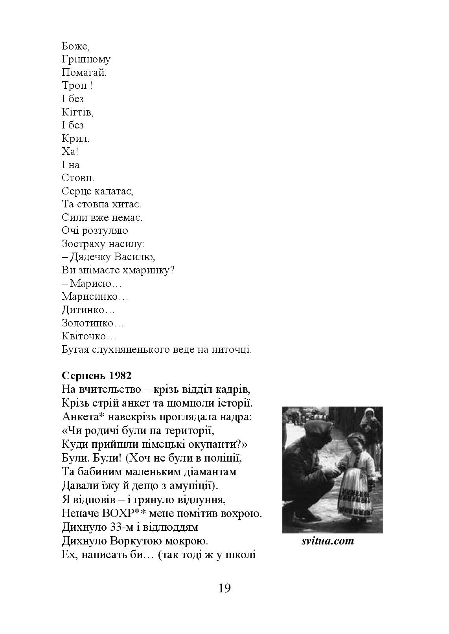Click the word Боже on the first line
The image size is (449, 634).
[75, 46]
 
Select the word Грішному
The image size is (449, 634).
[86, 59]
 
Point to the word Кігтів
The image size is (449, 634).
[77, 112]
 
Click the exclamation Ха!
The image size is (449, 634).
[70, 152]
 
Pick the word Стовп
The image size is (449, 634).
[78, 178]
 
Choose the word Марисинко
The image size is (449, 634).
[95, 297]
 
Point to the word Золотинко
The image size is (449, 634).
[93, 323]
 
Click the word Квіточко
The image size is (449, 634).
[89, 336]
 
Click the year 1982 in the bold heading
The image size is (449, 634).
[120, 376]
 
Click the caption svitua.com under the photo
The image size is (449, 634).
[328, 541]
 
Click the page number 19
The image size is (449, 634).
[224, 588]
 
